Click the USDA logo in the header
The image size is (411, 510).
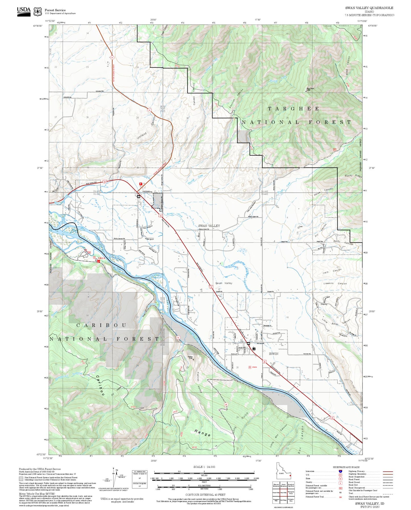24,11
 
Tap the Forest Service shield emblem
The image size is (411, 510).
37,12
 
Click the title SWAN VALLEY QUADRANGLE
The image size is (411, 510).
369,8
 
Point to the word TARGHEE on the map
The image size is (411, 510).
293,109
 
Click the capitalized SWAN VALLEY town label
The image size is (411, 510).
209,226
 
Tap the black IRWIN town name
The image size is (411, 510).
273,354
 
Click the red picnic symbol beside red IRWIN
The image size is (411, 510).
250,367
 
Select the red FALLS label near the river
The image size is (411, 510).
102,258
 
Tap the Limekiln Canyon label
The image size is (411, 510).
335,283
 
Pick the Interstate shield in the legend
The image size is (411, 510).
340,471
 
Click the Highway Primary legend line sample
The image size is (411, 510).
388,471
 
